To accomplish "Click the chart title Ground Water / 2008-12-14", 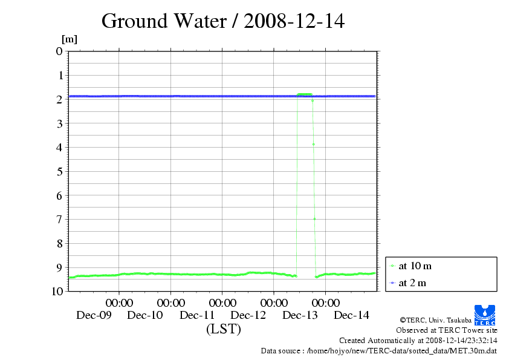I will click(x=222, y=21).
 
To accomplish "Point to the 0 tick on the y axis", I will click(x=59, y=51).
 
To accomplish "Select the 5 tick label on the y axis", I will click(x=59, y=171).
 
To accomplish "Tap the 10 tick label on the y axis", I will click(x=57, y=291).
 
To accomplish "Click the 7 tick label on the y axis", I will click(x=59, y=219).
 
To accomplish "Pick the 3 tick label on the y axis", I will click(x=59, y=123).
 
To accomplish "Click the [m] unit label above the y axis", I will click(x=70, y=39).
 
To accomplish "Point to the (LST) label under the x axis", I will click(x=224, y=329).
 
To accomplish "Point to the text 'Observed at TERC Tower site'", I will click(x=446, y=330).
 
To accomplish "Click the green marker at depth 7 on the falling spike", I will click(x=314, y=218).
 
